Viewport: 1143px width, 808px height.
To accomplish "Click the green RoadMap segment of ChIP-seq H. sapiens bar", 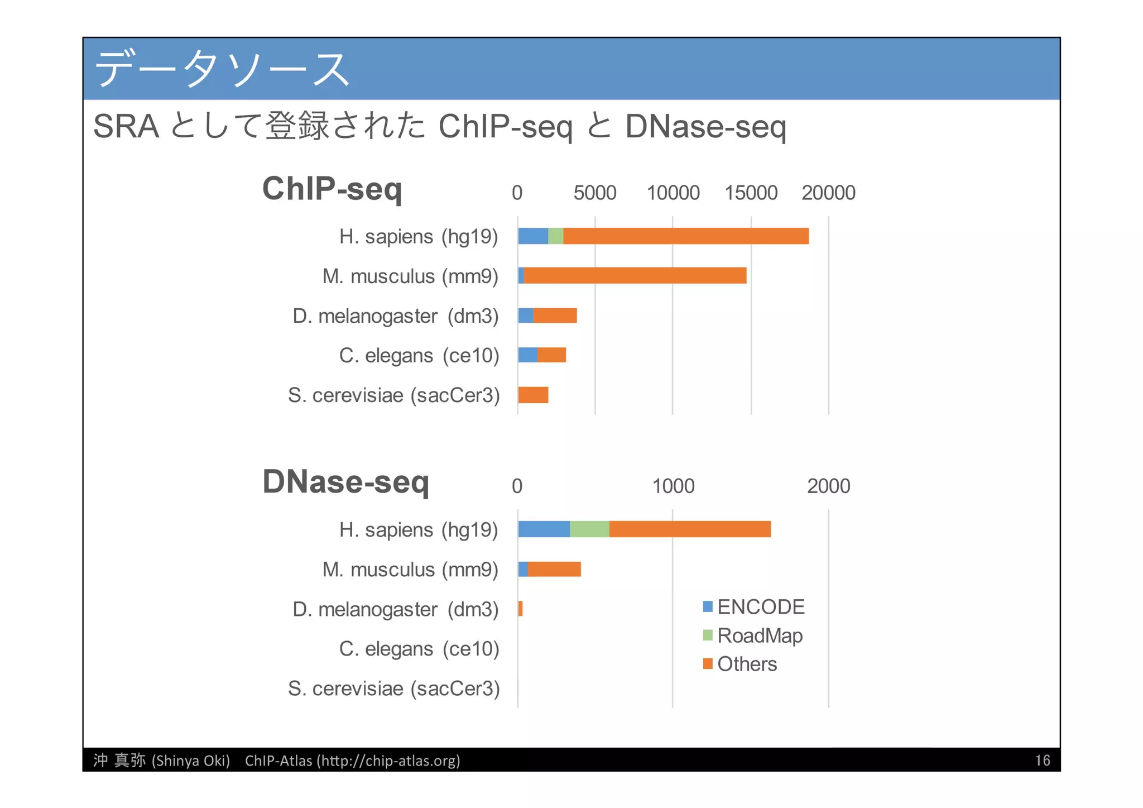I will click(x=555, y=236).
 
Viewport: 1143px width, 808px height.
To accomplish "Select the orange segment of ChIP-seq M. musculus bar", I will click(x=635, y=276).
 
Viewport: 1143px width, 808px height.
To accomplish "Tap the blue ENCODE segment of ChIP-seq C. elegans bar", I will click(x=527, y=355).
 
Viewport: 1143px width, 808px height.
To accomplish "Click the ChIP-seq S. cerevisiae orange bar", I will click(x=533, y=395).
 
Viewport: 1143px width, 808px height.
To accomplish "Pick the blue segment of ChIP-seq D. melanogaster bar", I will click(x=525, y=315).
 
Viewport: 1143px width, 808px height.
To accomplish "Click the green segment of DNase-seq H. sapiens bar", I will click(x=589, y=529).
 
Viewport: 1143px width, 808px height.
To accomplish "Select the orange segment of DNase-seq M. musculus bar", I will click(x=554, y=569).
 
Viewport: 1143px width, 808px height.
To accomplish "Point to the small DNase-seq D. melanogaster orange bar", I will click(x=520, y=609).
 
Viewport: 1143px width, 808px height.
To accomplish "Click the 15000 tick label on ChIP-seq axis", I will click(x=751, y=193).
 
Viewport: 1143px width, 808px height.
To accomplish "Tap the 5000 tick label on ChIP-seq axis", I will click(x=595, y=193).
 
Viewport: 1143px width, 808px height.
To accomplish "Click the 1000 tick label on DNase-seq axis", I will click(x=673, y=486).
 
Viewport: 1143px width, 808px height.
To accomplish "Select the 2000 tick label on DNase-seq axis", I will click(x=828, y=486).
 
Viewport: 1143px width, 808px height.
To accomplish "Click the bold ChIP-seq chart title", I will click(x=332, y=189).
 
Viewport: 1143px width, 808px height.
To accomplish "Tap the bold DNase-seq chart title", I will click(x=345, y=481).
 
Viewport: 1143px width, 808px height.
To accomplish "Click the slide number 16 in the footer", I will click(x=1042, y=761).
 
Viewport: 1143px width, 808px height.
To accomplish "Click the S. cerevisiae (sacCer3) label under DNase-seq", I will click(x=393, y=689).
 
